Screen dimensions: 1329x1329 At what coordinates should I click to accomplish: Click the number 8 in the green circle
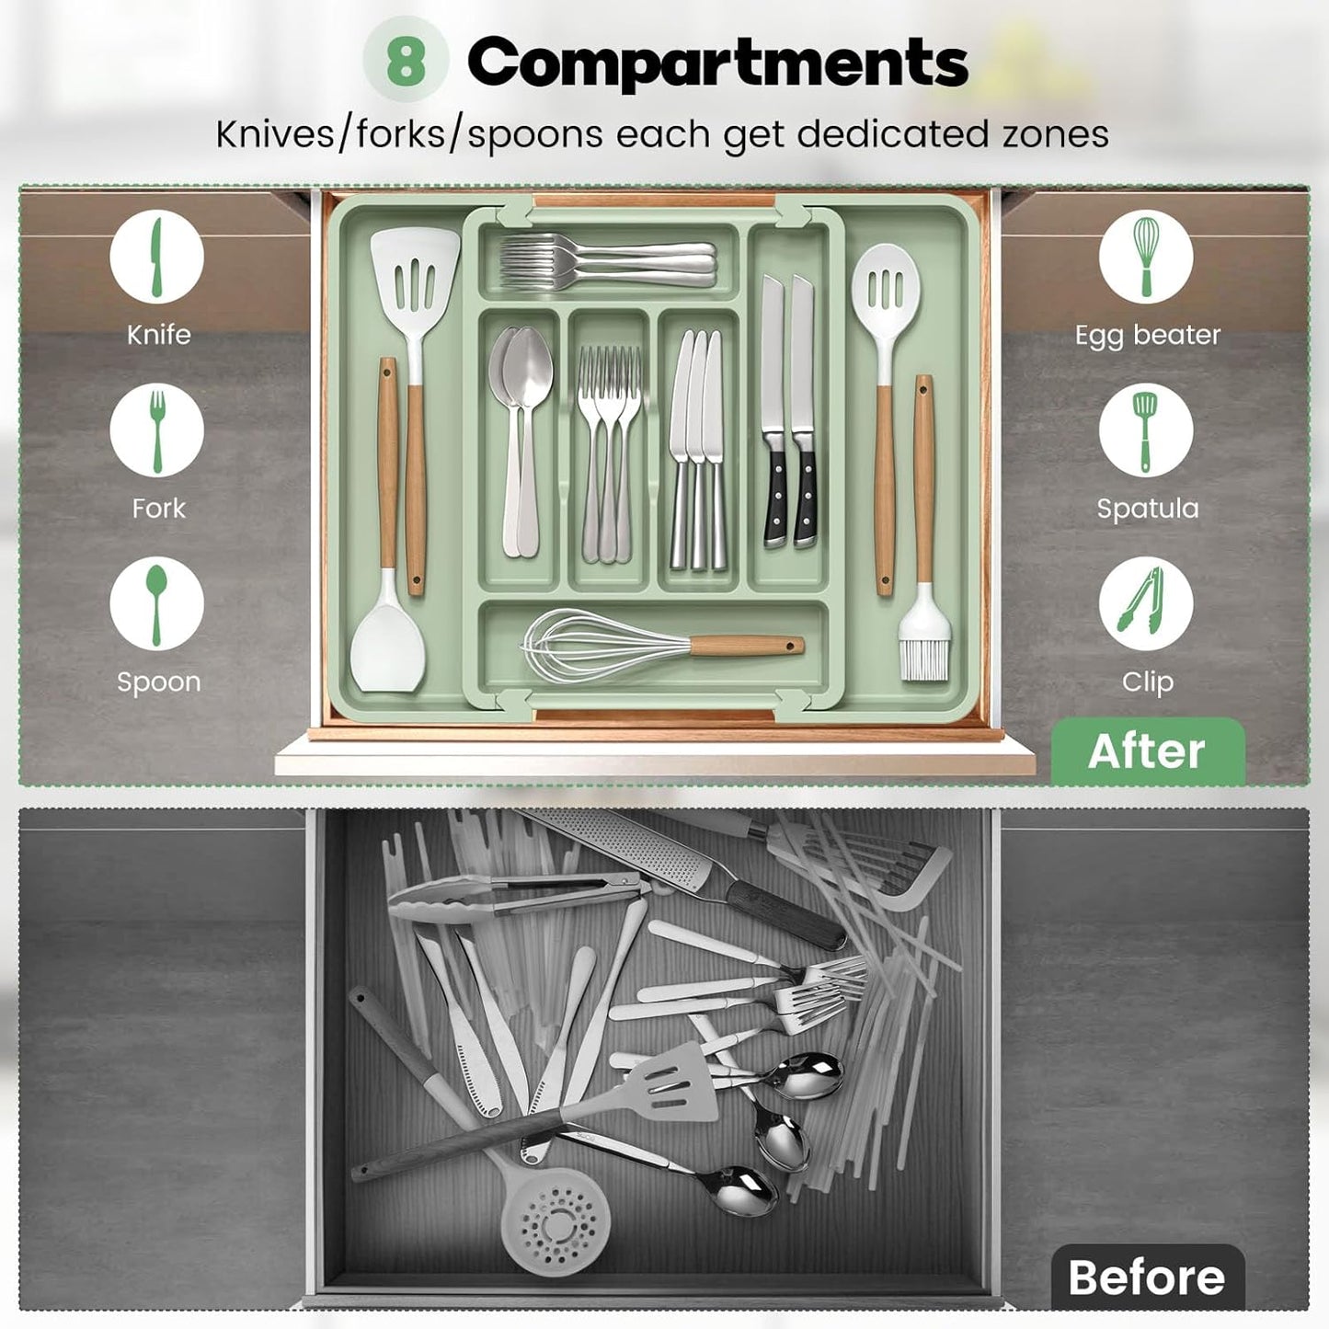(x=406, y=61)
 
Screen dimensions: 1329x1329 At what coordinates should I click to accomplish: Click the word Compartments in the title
(x=717, y=63)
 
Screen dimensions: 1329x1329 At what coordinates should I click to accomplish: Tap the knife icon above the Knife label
(x=157, y=258)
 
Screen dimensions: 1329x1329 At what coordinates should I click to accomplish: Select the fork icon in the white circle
(x=157, y=430)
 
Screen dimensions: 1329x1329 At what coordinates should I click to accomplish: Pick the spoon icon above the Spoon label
(x=157, y=603)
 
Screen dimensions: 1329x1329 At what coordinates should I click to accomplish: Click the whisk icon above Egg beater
(x=1145, y=257)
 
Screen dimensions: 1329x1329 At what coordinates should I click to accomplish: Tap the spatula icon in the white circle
(x=1145, y=430)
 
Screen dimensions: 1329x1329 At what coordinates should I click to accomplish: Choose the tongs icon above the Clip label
(x=1145, y=603)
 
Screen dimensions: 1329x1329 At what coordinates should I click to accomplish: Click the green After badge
(x=1147, y=750)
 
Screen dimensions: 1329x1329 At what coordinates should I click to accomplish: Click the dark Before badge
(x=1147, y=1277)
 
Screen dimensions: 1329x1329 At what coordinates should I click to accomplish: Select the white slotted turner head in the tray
(x=416, y=272)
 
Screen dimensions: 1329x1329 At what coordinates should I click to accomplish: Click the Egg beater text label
(x=1147, y=335)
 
